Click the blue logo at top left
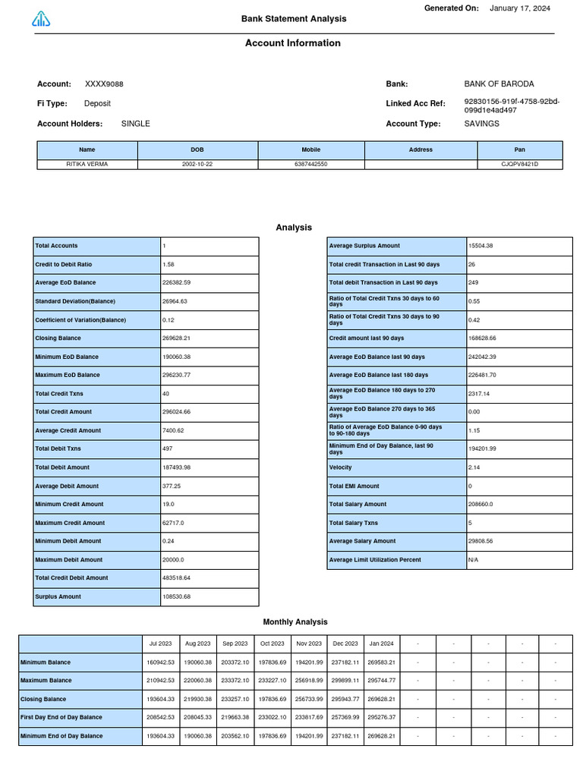(x=41, y=20)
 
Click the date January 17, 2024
(x=520, y=8)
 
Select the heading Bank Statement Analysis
(x=293, y=19)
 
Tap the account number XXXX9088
(x=104, y=84)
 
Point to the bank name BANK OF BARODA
(x=499, y=84)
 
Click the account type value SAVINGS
(x=482, y=124)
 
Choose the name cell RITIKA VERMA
(x=87, y=164)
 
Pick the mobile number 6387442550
(x=311, y=164)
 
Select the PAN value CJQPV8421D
(x=520, y=164)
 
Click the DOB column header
(x=197, y=150)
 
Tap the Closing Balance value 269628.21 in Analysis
(x=176, y=338)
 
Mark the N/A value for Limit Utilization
(x=473, y=560)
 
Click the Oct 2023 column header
(x=271, y=643)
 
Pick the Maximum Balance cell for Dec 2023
(x=345, y=681)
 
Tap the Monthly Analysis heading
(x=295, y=622)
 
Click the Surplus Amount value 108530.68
(x=176, y=597)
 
